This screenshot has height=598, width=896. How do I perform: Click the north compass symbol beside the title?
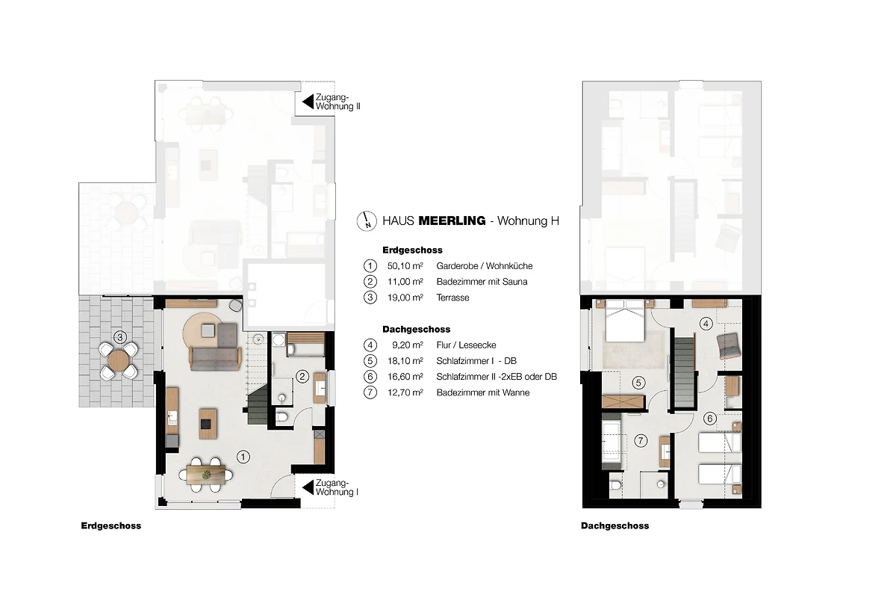coord(367,221)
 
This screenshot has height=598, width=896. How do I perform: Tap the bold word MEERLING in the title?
coord(452,221)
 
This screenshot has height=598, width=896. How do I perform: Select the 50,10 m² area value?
coord(405,266)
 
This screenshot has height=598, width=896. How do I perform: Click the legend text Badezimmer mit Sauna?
coord(482,282)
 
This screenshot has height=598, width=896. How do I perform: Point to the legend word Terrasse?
coord(452,298)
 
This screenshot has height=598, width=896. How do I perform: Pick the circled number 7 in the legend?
coord(370,392)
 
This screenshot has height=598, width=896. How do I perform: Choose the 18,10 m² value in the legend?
coord(405,361)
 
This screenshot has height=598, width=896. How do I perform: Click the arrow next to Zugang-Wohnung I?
coord(308,488)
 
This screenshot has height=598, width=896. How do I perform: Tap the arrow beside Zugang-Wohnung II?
coord(308,102)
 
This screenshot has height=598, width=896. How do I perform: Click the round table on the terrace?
coord(119,360)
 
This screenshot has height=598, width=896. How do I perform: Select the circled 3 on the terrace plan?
coord(120,337)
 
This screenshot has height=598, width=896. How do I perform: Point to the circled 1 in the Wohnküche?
coord(243,457)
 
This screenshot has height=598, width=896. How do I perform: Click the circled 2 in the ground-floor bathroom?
coord(302,377)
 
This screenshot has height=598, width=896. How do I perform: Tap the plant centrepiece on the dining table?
coord(206,475)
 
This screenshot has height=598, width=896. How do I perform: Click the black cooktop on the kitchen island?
coord(208,424)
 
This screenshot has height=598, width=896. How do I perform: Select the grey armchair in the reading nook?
coord(727,345)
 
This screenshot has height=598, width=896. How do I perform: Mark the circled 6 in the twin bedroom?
coord(710,419)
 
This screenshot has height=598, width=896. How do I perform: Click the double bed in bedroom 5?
coord(624,320)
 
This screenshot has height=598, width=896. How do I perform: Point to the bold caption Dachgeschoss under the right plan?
coord(615,526)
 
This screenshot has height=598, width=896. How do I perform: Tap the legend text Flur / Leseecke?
coord(467,345)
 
